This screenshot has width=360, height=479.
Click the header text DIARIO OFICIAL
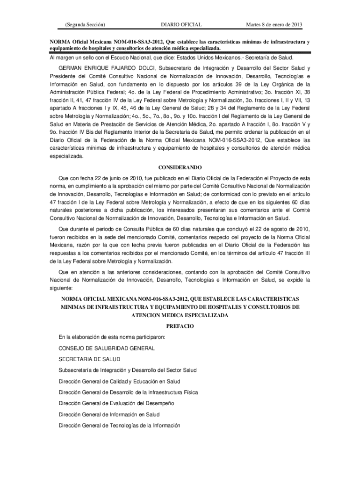[x=181, y=24]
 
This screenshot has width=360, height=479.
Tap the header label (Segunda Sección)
[x=85, y=24]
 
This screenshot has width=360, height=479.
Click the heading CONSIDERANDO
[x=180, y=167]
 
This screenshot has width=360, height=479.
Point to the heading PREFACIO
[x=180, y=325]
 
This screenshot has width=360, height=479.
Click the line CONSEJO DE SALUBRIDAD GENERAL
[x=106, y=348]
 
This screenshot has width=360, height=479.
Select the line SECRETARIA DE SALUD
[x=89, y=359]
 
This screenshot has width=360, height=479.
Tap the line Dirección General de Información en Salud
[x=109, y=414]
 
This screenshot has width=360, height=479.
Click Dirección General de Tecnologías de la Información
[x=119, y=425]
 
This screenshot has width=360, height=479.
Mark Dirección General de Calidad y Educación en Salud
[x=119, y=381]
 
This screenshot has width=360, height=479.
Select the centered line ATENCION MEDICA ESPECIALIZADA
[x=180, y=316]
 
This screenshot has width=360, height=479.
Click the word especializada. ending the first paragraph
[x=67, y=157]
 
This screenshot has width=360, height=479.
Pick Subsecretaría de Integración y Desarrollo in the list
[x=128, y=370]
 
